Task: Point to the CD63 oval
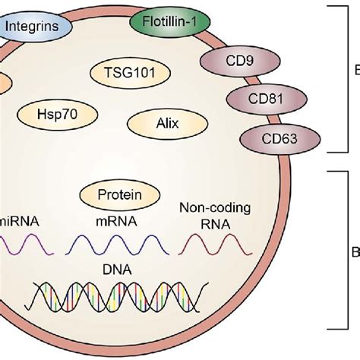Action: [269, 137]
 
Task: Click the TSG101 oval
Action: [124, 74]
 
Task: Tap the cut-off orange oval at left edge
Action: [4, 81]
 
